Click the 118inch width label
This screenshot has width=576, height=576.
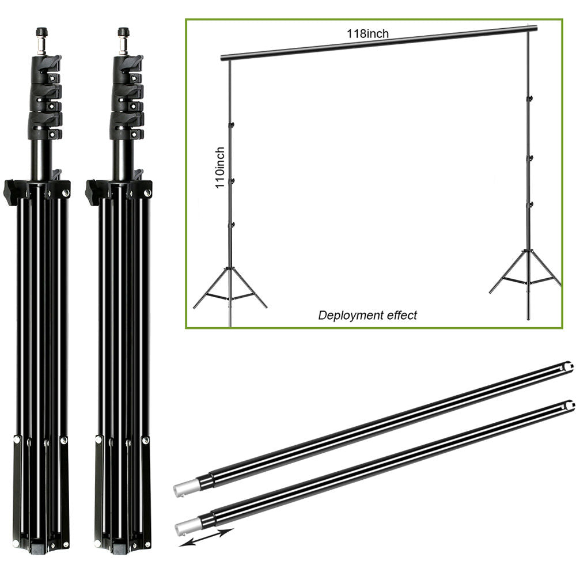tap(367, 34)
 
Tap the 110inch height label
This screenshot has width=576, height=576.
tap(219, 168)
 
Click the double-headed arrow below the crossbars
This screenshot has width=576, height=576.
tap(206, 538)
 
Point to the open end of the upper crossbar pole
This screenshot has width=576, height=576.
tap(567, 366)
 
